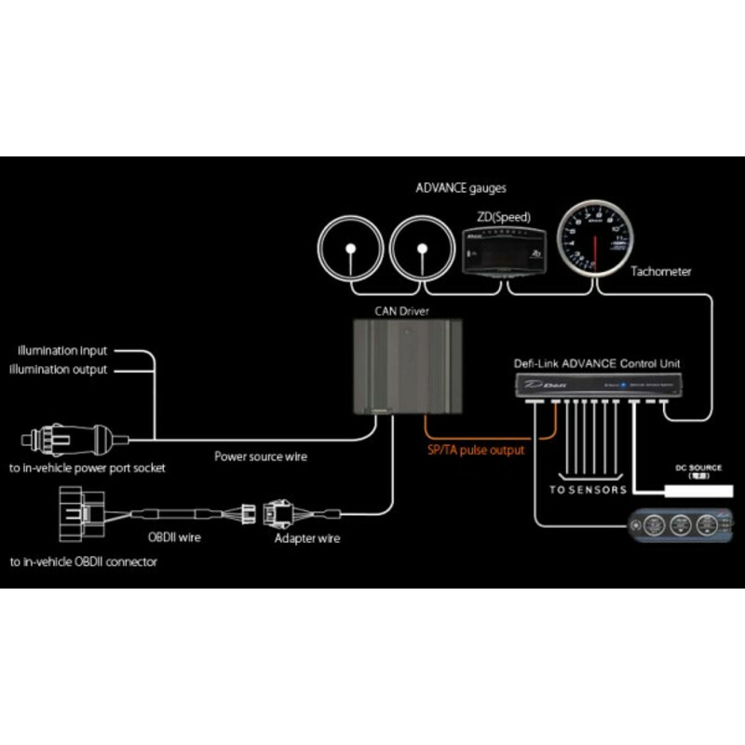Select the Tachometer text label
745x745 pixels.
[660, 272]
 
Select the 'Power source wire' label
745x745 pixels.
[261, 456]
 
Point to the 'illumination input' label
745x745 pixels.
[62, 351]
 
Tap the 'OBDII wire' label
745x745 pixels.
[176, 537]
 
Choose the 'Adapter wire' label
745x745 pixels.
[307, 538]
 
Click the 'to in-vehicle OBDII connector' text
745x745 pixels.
[85, 562]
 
